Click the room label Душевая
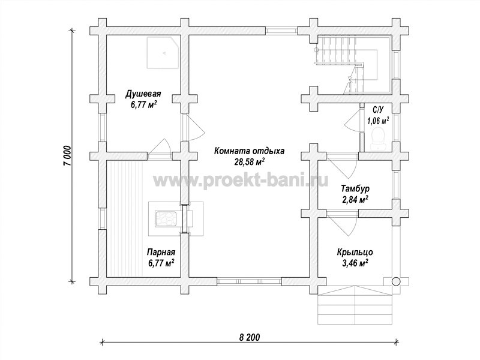143,94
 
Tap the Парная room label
161,252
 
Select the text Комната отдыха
250,151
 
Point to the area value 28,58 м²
250,161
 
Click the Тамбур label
355,188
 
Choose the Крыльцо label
355,252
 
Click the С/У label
378,109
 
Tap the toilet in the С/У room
378,139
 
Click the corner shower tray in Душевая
163,53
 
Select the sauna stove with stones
166,219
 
